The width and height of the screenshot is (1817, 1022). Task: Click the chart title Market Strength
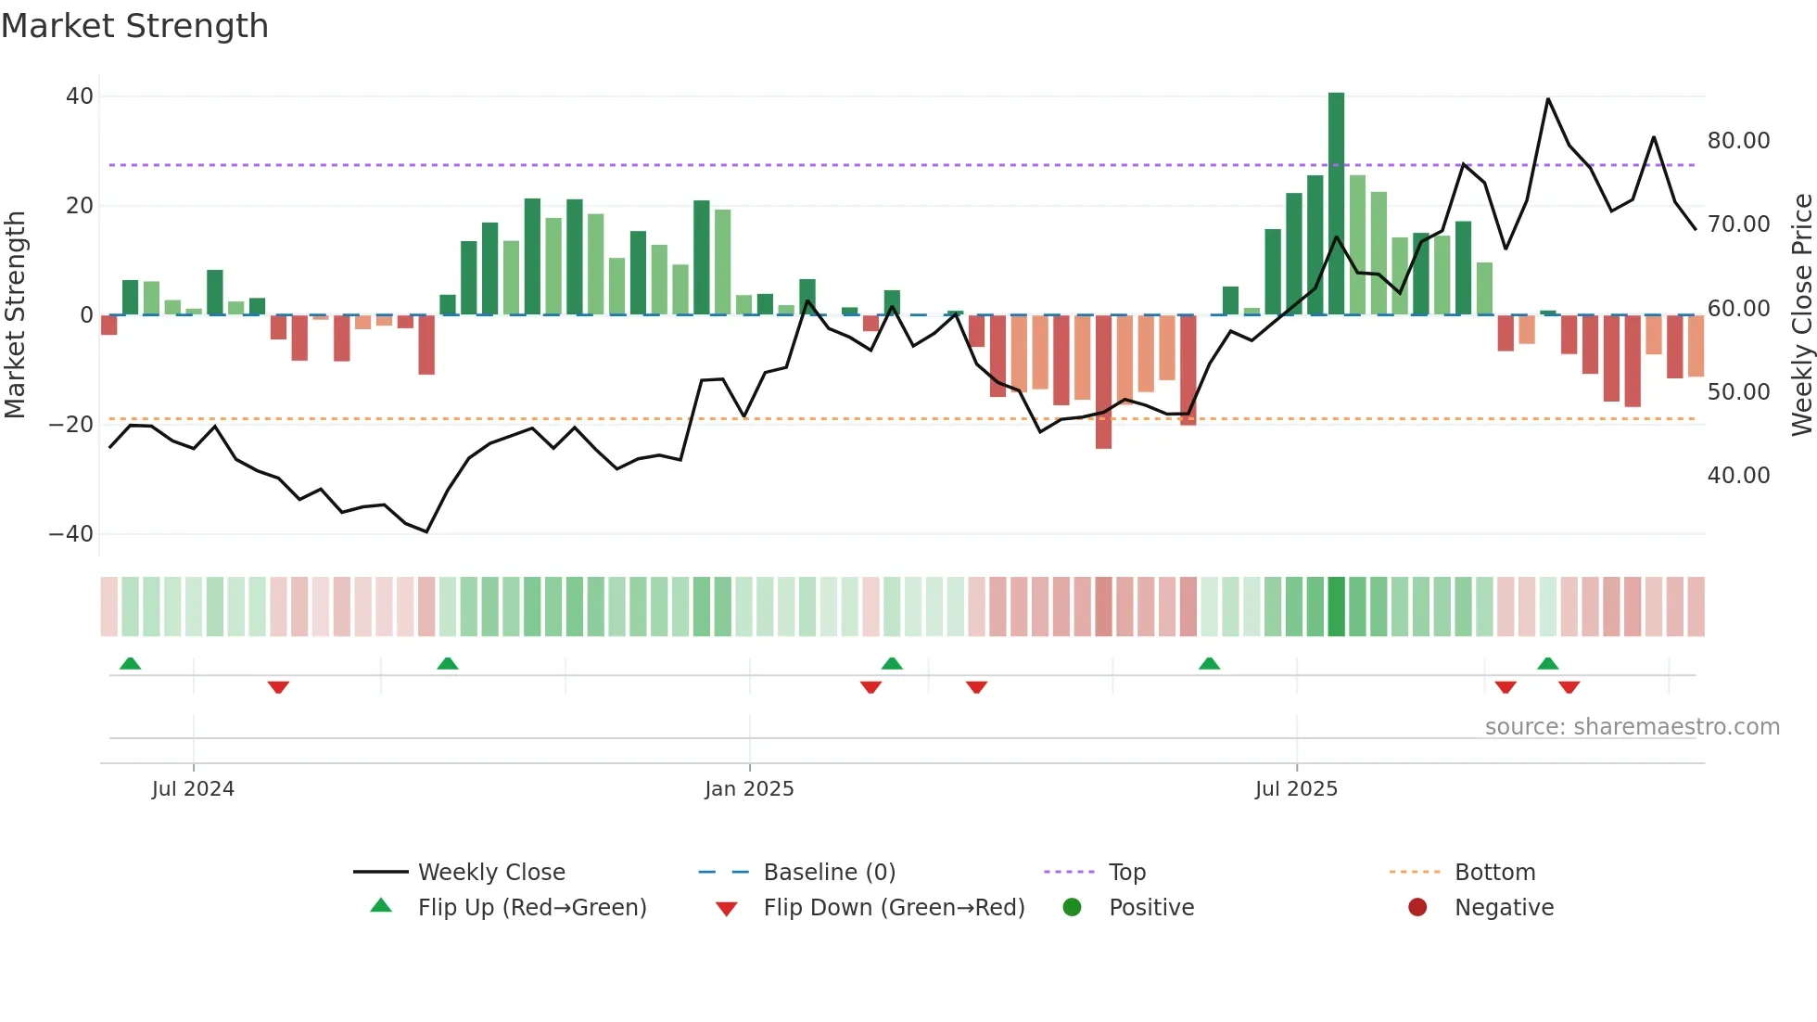(134, 26)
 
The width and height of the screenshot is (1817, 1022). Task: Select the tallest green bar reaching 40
(1336, 204)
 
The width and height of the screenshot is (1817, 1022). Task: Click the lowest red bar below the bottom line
(1103, 382)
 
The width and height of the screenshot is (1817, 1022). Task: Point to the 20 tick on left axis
(80, 206)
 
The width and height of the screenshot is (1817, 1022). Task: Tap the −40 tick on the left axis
(71, 534)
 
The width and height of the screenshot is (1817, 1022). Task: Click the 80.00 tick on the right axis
(1738, 141)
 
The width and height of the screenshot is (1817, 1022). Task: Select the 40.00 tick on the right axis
(1738, 476)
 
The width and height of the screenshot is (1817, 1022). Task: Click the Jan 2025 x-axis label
(749, 789)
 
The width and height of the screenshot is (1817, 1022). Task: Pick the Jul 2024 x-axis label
(193, 789)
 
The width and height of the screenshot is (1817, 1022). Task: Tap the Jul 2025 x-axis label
(1296, 789)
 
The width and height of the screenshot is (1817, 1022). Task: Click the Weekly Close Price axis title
(1801, 315)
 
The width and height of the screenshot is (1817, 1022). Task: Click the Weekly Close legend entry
(490, 873)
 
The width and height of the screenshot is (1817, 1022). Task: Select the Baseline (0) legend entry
(829, 873)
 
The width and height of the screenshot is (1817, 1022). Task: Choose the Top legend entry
(1126, 873)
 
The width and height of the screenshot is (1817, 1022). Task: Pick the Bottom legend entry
(1494, 873)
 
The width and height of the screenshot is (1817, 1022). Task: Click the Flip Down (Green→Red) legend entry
(893, 908)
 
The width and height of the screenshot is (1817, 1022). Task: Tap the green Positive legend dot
(1073, 908)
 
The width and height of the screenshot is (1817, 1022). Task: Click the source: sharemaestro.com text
(1632, 727)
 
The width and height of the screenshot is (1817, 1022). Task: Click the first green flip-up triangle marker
(131, 663)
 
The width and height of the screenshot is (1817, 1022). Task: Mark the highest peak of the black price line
(1547, 99)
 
